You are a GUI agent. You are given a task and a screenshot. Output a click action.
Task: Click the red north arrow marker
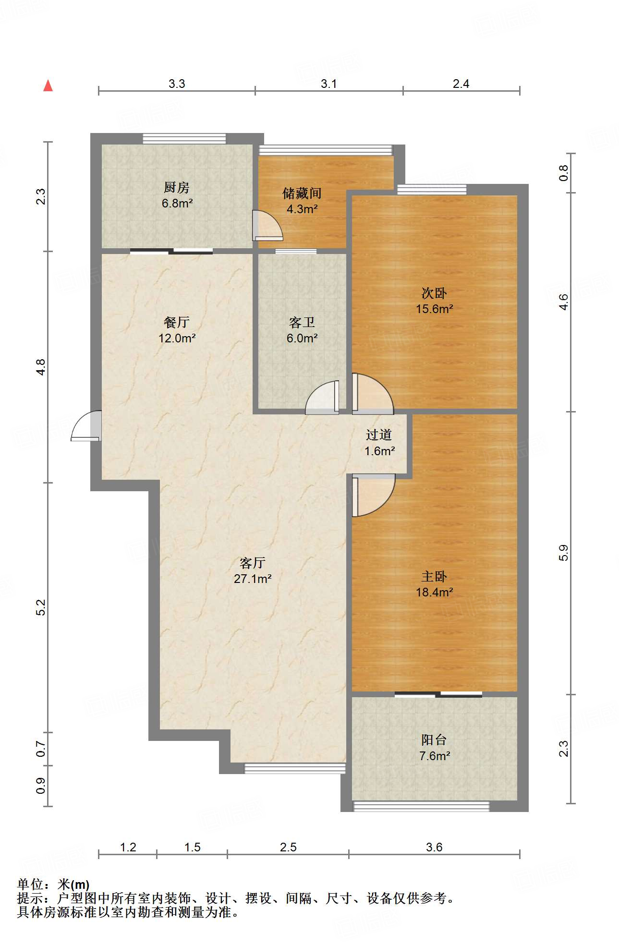(48, 86)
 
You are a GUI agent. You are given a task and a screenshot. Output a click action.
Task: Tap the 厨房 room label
(177, 187)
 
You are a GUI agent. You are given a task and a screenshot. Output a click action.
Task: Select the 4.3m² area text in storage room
(302, 209)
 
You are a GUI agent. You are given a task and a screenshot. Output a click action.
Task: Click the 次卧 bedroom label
(434, 292)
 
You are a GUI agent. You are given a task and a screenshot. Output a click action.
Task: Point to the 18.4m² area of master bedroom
(434, 592)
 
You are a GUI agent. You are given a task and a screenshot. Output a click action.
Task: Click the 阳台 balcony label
(434, 740)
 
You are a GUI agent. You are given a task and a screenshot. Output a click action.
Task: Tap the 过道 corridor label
(379, 435)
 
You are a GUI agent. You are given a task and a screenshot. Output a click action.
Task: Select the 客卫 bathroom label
(302, 322)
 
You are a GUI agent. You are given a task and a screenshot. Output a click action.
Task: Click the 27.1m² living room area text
(253, 579)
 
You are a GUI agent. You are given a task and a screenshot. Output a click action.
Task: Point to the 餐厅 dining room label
(177, 322)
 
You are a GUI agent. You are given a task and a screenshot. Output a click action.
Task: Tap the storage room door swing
(267, 226)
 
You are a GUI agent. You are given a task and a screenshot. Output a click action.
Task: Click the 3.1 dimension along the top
(329, 84)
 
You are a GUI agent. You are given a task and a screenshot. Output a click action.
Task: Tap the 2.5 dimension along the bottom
(288, 847)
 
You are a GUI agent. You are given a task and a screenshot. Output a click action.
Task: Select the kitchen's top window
(184, 139)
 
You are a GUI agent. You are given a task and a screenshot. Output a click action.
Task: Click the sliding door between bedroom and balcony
(438, 694)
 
